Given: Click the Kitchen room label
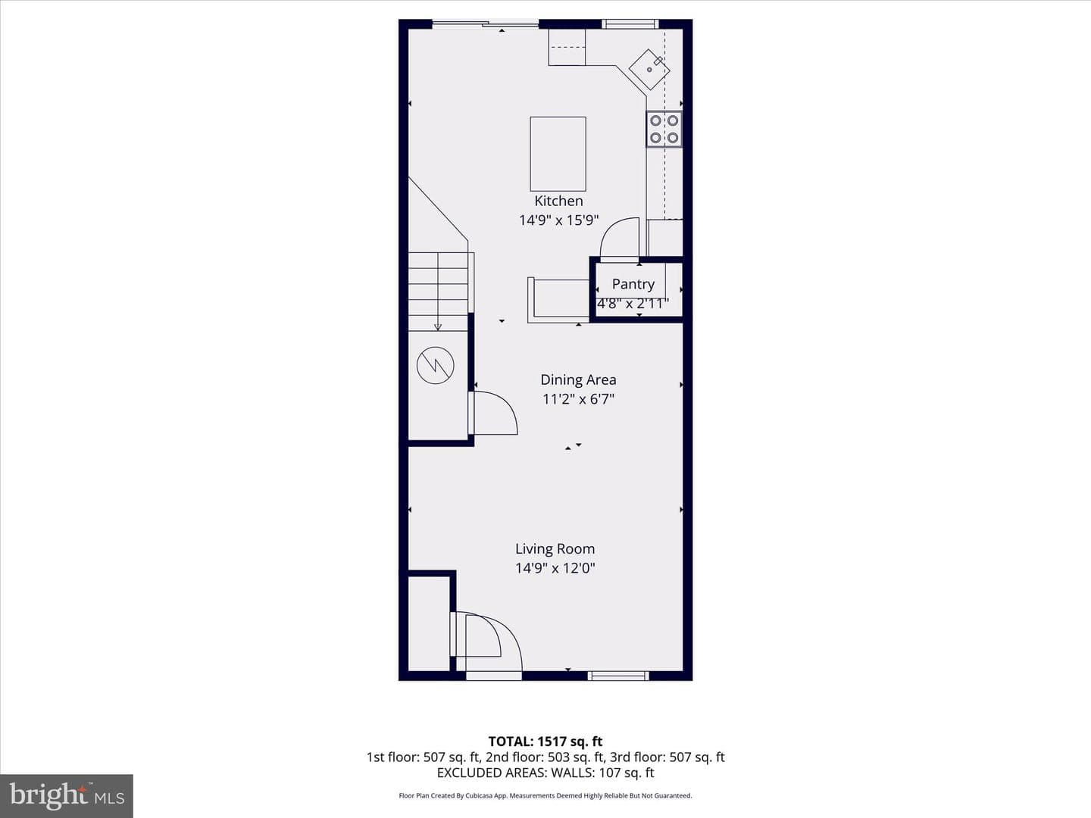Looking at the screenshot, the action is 558,201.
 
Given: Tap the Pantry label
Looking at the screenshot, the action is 633,284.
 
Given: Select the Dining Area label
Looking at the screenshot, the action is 578,379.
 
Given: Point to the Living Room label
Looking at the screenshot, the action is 555,548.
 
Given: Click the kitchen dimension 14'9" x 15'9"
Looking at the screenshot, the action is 558,220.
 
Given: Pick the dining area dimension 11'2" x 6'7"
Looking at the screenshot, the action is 578,399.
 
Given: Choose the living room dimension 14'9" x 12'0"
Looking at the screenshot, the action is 555,568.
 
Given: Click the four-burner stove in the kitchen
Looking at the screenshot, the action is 664,129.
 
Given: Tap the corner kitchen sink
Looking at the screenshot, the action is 649,69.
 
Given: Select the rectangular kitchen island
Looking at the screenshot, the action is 558,154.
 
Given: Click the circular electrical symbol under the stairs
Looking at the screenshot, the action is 435,365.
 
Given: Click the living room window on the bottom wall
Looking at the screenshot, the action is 618,676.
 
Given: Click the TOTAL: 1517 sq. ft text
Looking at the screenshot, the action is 545,742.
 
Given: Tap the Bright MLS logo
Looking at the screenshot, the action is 67,796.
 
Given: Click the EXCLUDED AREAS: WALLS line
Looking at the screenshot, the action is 545,773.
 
